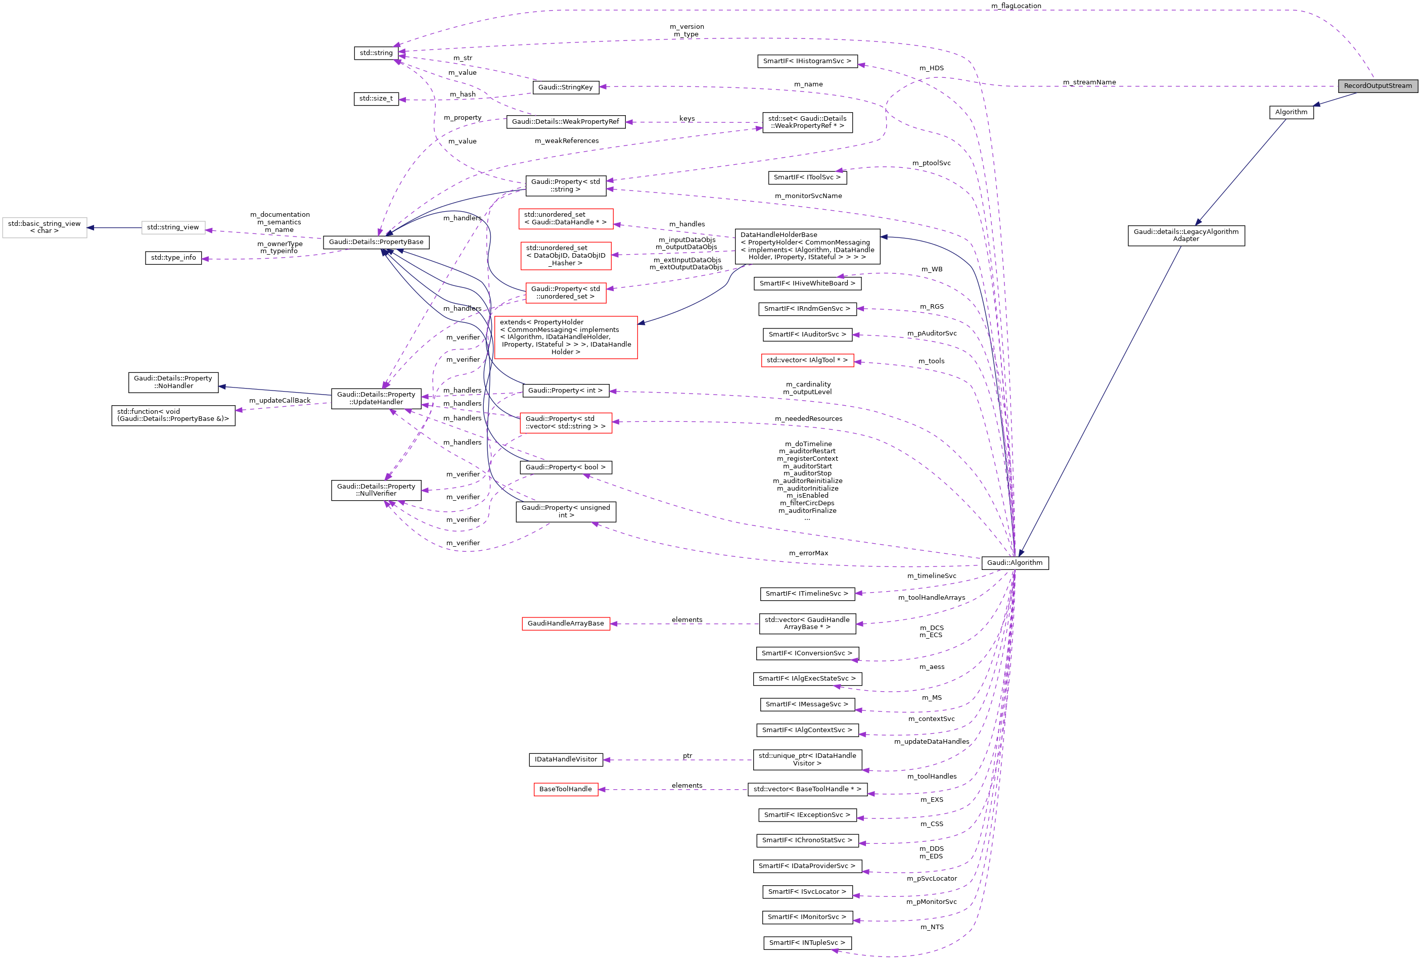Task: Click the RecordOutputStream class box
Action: pos(1377,85)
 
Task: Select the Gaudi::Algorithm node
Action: pos(1015,563)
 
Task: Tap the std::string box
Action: pos(376,53)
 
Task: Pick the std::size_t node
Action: pos(376,99)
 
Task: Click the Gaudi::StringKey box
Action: pos(565,87)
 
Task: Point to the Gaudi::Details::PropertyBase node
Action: pos(376,242)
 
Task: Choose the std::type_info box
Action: pos(173,258)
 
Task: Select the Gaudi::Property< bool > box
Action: pos(565,467)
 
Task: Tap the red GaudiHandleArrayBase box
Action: pos(565,624)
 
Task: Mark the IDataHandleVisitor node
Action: pos(565,759)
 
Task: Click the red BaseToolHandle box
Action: pos(565,790)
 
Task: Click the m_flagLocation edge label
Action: pos(1016,6)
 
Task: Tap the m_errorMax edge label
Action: pos(808,554)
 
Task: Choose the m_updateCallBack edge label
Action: pos(280,401)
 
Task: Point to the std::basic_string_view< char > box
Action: pos(44,227)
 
